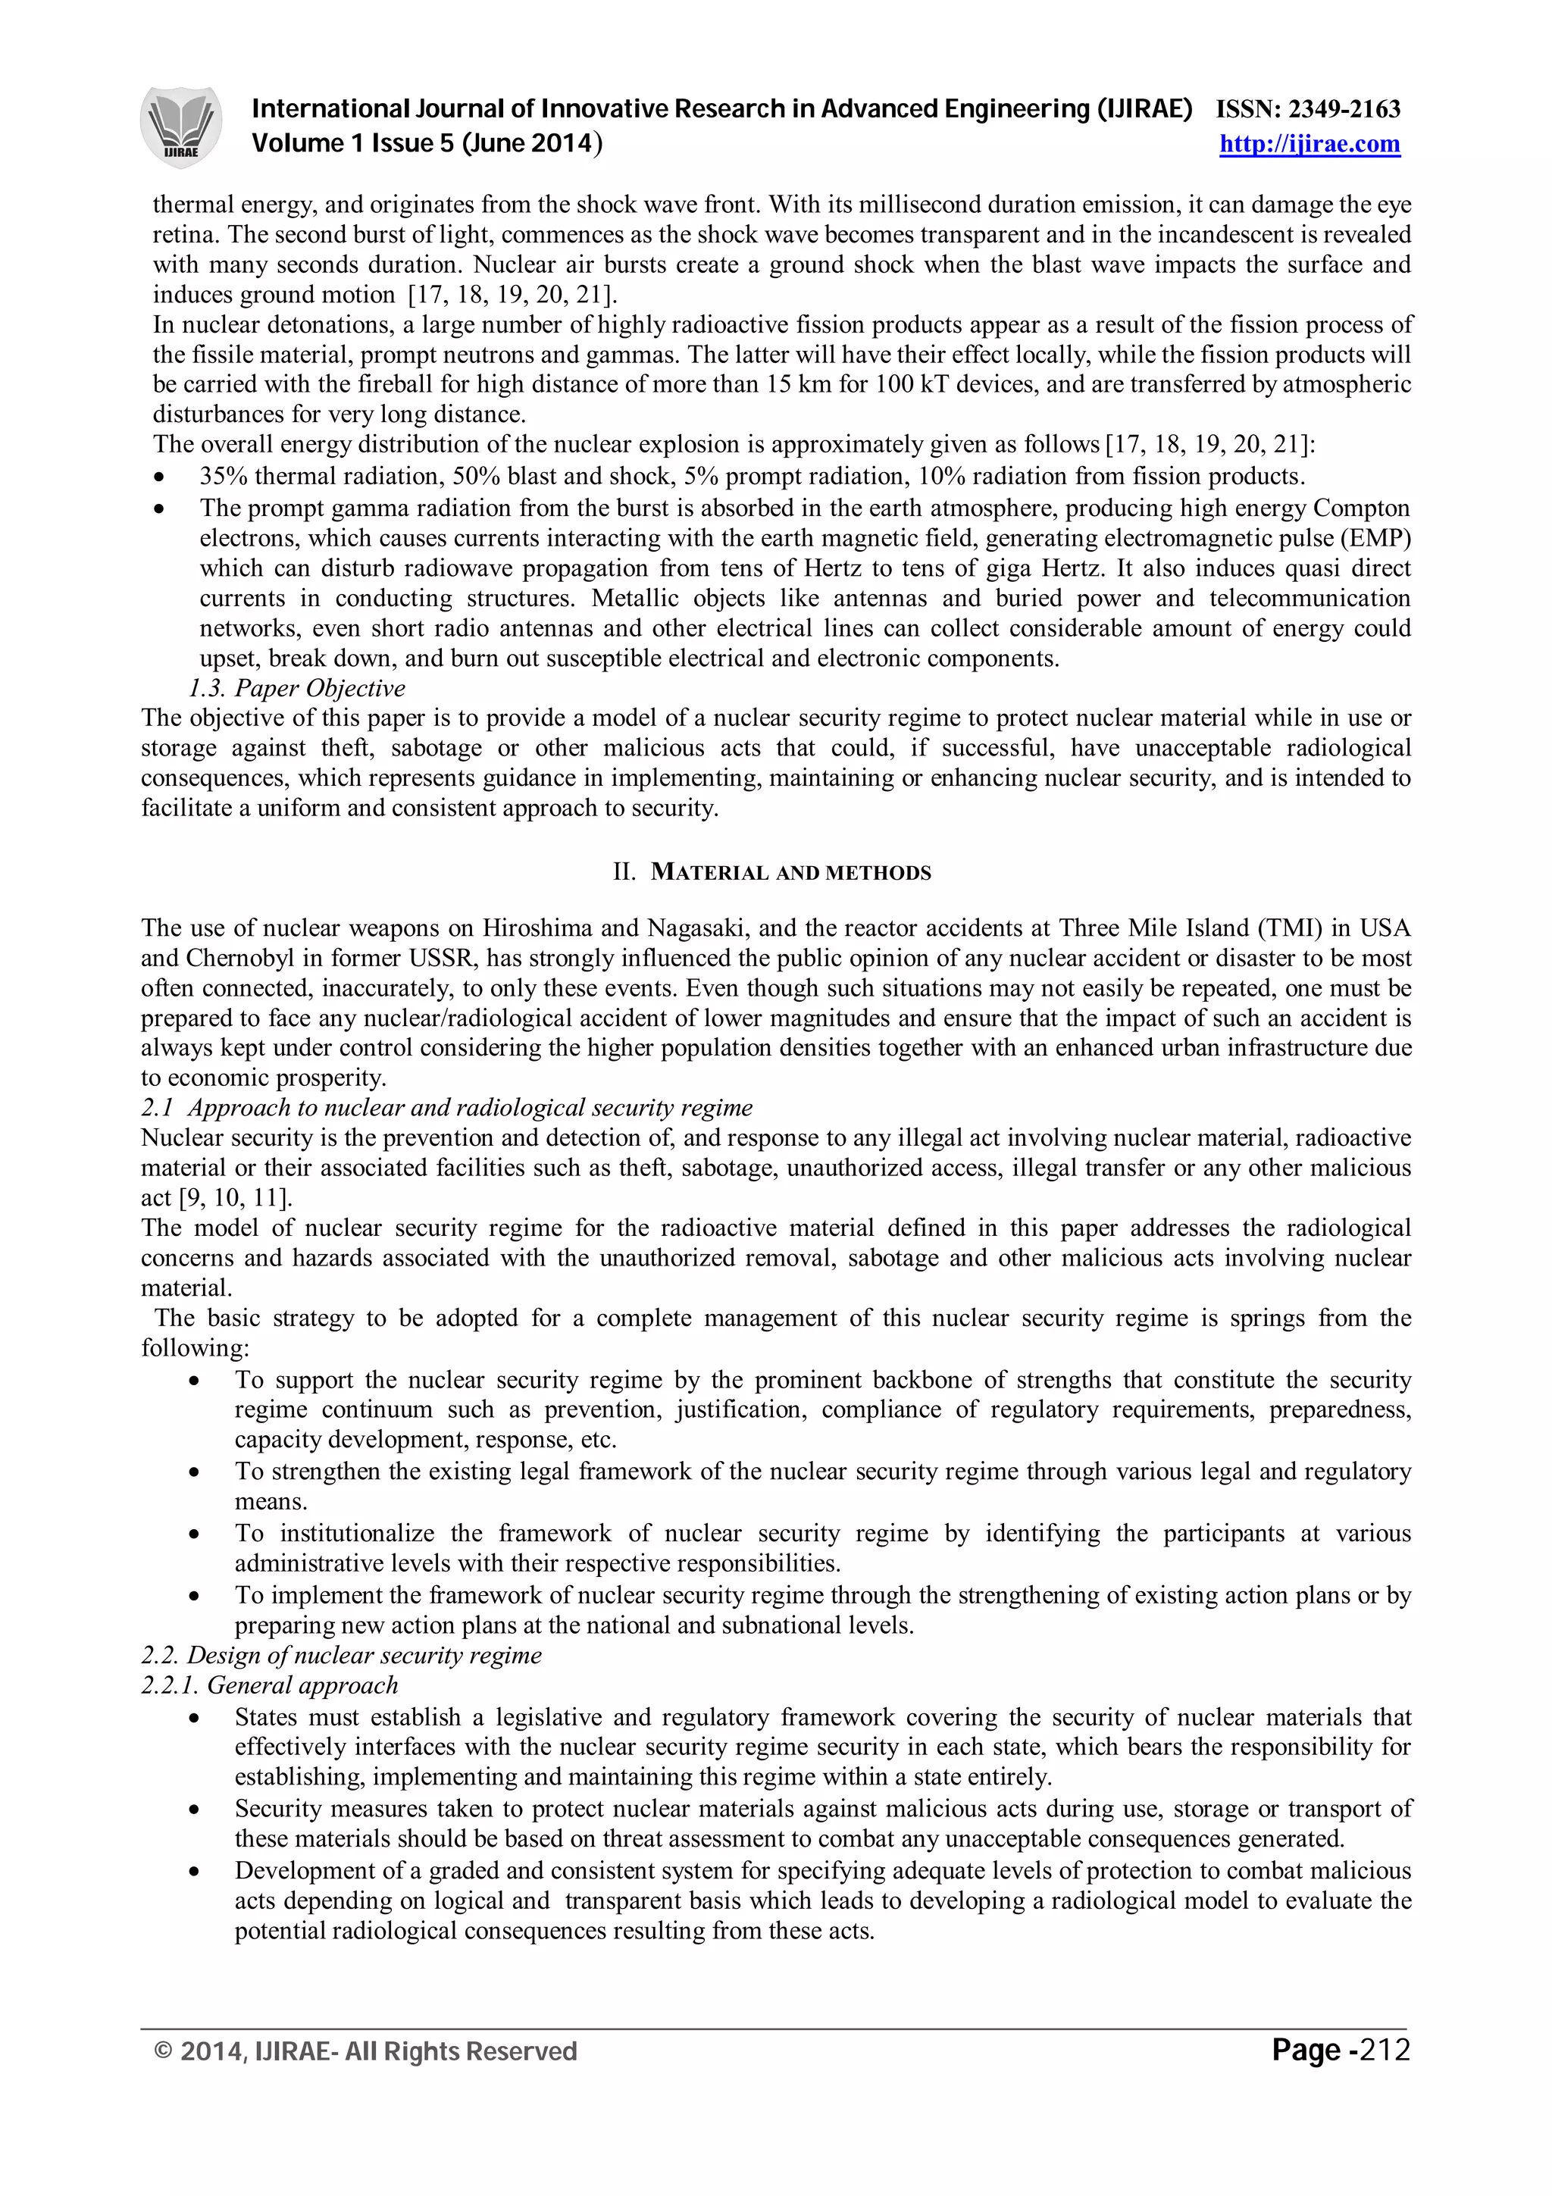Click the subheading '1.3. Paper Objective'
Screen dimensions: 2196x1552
pyautogui.click(x=296, y=689)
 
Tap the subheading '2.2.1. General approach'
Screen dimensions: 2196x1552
pyautogui.click(x=270, y=1685)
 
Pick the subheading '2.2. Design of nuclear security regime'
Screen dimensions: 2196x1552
pyautogui.click(x=341, y=1656)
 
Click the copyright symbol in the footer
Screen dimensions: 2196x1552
pyautogui.click(x=164, y=2051)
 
